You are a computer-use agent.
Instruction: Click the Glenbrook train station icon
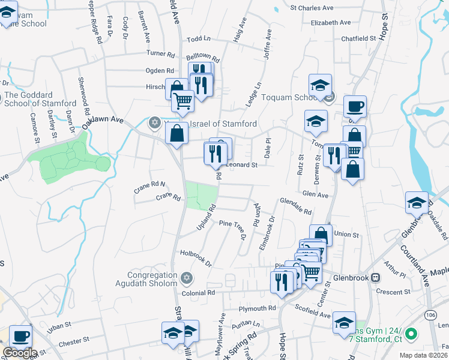tap(376, 277)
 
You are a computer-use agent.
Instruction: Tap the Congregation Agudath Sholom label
tap(148, 273)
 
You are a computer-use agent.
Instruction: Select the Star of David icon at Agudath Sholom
tap(186, 278)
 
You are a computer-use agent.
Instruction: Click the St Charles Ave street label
tap(312, 8)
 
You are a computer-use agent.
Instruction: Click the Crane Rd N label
tap(149, 187)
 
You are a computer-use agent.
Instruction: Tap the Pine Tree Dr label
tap(234, 228)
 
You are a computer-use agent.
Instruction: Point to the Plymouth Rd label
tap(257, 308)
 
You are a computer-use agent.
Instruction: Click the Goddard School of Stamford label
tap(37, 99)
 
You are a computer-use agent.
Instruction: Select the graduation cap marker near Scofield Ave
tap(344, 322)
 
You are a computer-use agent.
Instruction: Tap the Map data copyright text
tap(424, 355)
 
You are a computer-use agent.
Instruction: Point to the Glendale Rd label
tap(296, 207)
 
